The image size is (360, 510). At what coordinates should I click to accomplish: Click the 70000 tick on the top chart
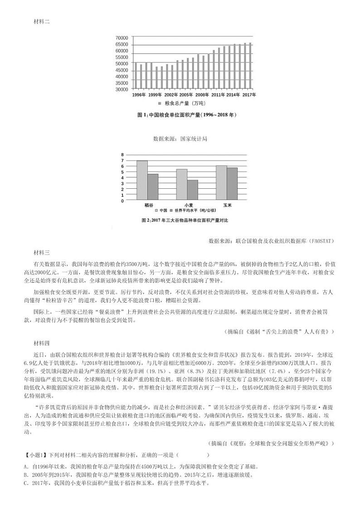[122, 38]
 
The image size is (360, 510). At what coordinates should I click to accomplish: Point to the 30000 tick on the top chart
[122, 89]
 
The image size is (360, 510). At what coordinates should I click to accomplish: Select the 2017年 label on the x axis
[249, 95]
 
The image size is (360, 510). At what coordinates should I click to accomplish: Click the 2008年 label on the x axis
[202, 95]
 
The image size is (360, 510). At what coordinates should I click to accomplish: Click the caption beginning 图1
[186, 115]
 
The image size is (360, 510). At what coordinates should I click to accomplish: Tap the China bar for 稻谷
[142, 180]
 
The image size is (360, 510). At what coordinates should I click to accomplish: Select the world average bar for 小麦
[180, 190]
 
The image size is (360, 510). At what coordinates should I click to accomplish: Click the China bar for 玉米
[221, 182]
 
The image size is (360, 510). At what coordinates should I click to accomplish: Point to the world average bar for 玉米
[232, 183]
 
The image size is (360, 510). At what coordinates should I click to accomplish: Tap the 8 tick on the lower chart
[122, 155]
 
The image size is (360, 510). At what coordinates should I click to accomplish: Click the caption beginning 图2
[185, 220]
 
